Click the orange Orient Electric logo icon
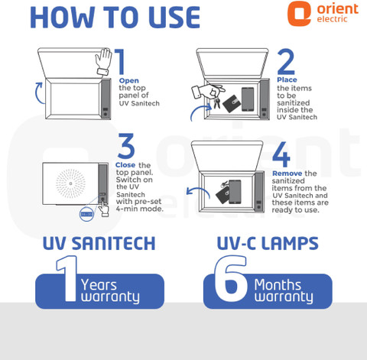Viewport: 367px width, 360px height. tap(299, 13)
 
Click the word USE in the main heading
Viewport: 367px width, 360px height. tap(174, 18)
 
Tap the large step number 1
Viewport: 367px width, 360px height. tap(120, 61)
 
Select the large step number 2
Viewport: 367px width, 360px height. tap(286, 61)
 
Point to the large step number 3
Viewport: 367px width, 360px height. tap(126, 146)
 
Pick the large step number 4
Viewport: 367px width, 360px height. tap(281, 154)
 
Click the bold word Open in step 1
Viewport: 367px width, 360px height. tap(129, 81)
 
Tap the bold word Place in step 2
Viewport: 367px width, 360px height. tap(287, 79)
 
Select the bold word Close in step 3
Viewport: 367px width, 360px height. tap(125, 165)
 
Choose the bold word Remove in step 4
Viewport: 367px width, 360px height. tap(287, 174)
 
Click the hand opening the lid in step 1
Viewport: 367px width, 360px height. tap(104, 62)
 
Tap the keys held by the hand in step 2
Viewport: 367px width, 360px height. tap(217, 103)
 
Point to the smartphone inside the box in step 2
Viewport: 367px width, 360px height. tap(248, 99)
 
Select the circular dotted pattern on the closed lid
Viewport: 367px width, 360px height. tap(70, 183)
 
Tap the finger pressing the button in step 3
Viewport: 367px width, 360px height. tap(103, 207)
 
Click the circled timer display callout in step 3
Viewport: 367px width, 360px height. tap(87, 214)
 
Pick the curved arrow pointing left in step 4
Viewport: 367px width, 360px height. tap(198, 193)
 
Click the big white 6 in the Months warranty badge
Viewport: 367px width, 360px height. tap(231, 278)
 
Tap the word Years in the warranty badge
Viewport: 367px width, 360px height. tap(99, 285)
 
